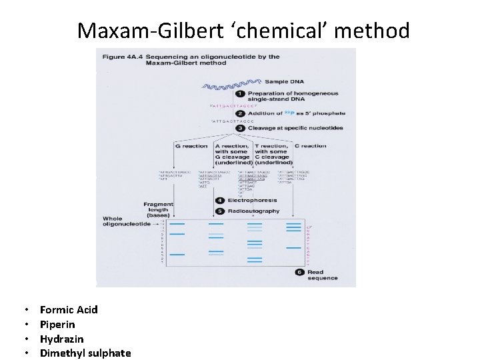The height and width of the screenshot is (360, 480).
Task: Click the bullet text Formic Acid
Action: tap(69, 309)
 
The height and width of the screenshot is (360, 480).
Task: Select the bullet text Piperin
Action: tap(57, 324)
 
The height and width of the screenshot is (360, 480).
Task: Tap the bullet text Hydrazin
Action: tap(62, 339)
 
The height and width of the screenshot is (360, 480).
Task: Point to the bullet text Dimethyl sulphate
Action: tap(85, 353)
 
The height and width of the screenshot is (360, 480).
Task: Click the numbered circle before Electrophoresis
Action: tap(220, 200)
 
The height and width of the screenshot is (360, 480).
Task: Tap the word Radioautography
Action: tap(252, 211)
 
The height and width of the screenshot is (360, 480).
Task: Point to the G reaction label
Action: tap(190, 146)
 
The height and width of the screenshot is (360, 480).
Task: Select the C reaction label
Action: tap(310, 146)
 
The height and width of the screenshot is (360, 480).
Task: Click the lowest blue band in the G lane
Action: tap(177, 254)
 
